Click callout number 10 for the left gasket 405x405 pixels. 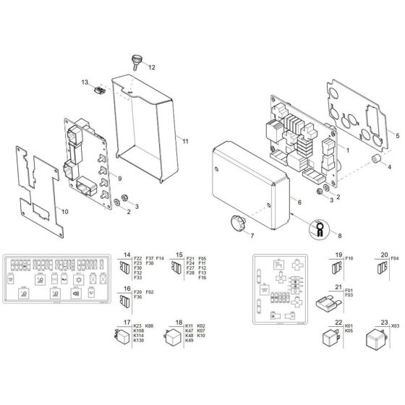(x=64, y=213)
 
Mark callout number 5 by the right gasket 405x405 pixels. (x=397, y=135)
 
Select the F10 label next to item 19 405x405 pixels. (x=349, y=258)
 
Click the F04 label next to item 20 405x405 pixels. (x=395, y=258)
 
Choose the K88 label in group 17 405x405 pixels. (x=150, y=327)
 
